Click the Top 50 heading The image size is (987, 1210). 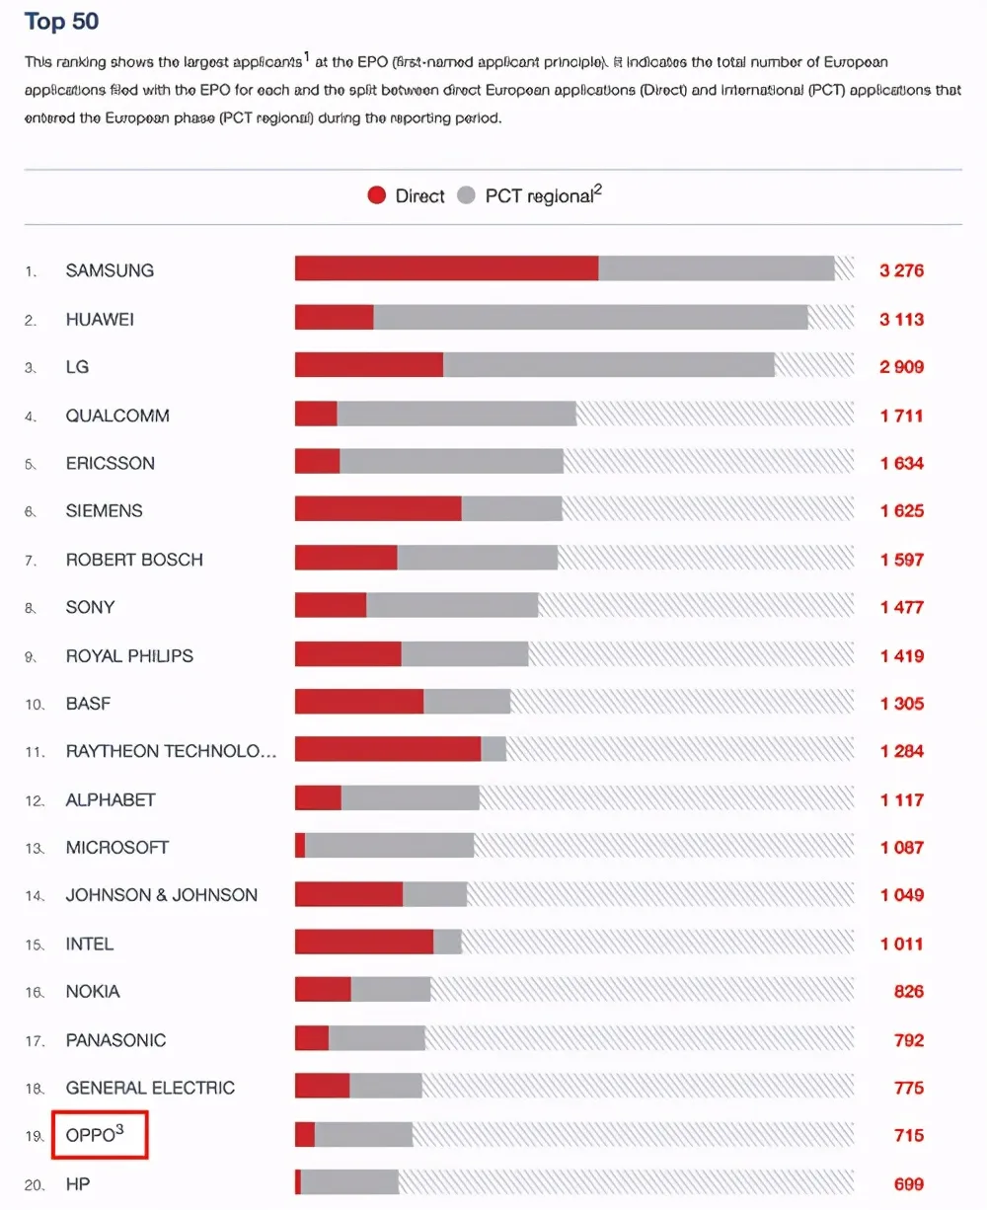pyautogui.click(x=61, y=22)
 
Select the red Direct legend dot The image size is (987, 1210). pyautogui.click(x=376, y=195)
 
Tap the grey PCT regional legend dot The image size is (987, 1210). pyautogui.click(x=466, y=195)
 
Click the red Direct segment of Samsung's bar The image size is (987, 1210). pyautogui.click(x=446, y=268)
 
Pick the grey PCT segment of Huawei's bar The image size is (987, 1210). pyautogui.click(x=590, y=317)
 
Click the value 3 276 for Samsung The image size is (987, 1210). pyautogui.click(x=901, y=269)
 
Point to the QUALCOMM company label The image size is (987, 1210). pyautogui.click(x=117, y=416)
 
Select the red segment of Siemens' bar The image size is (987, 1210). pyautogui.click(x=378, y=509)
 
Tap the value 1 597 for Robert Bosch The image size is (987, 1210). pyautogui.click(x=901, y=560)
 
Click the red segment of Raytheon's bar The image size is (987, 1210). pyautogui.click(x=388, y=750)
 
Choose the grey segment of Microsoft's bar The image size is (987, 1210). pyautogui.click(x=390, y=846)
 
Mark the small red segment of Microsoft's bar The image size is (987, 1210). pyautogui.click(x=300, y=846)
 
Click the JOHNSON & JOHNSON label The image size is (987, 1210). pyautogui.click(x=161, y=895)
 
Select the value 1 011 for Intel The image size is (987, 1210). pyautogui.click(x=901, y=944)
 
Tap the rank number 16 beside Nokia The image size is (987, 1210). pyautogui.click(x=35, y=992)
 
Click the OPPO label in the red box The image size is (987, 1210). pyautogui.click(x=95, y=1135)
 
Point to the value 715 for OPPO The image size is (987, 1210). pyautogui.click(x=908, y=1135)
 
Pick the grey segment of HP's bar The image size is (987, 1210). pyautogui.click(x=349, y=1182)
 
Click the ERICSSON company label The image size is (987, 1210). pyautogui.click(x=111, y=463)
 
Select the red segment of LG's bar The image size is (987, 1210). pyautogui.click(x=369, y=365)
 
